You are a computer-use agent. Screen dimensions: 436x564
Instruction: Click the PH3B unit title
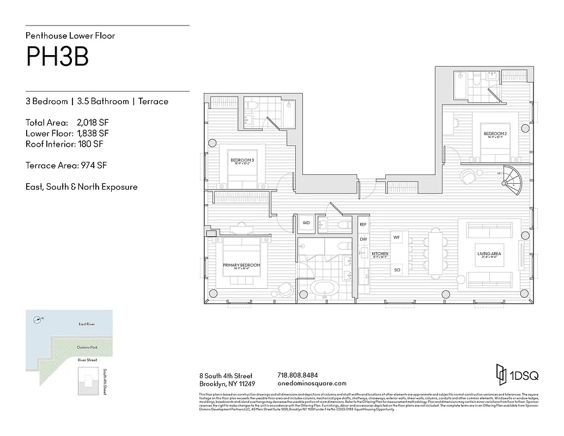57,57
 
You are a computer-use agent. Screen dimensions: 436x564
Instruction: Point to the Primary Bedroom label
241,266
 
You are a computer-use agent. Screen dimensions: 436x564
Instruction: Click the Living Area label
489,254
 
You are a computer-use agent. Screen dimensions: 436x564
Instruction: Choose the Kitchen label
379,255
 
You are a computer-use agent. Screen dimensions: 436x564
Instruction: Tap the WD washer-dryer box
306,223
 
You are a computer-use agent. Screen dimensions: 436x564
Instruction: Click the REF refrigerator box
363,224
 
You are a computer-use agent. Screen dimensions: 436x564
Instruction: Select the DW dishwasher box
363,239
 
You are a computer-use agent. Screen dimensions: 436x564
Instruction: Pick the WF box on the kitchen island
397,238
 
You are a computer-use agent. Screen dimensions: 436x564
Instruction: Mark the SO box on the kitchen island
397,270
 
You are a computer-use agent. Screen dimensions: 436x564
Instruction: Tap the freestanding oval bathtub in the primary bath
324,287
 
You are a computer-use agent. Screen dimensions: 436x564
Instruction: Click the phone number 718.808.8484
298,376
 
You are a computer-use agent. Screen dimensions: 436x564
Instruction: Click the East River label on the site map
87,324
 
